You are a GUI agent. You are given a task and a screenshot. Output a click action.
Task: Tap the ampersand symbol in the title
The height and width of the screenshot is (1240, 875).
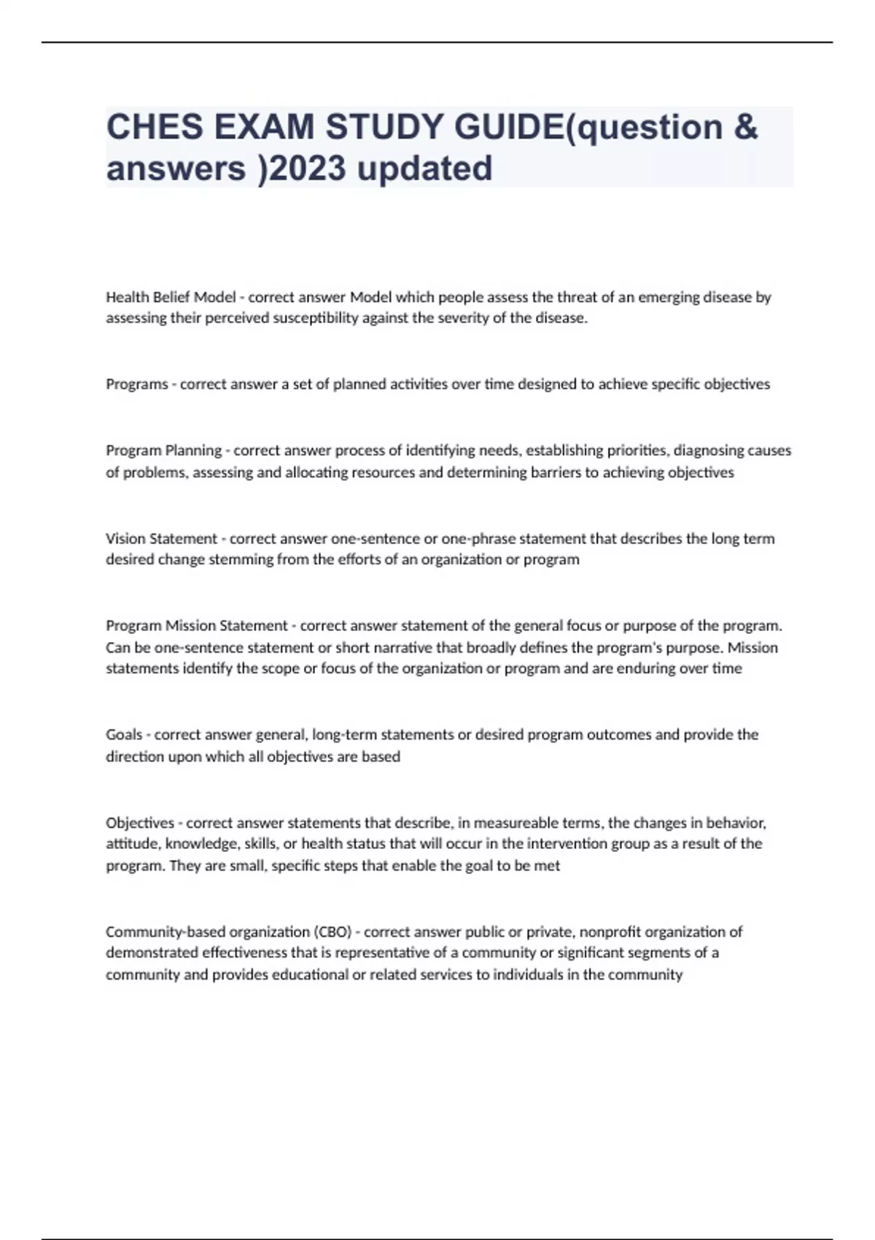point(745,127)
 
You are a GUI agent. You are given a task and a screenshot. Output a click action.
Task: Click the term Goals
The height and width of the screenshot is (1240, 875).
point(124,735)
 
